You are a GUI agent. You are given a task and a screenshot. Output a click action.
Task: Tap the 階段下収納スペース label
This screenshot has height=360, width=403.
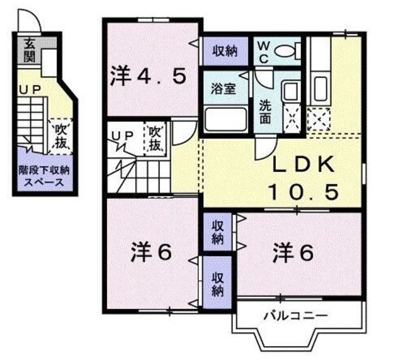tap(43, 176)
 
